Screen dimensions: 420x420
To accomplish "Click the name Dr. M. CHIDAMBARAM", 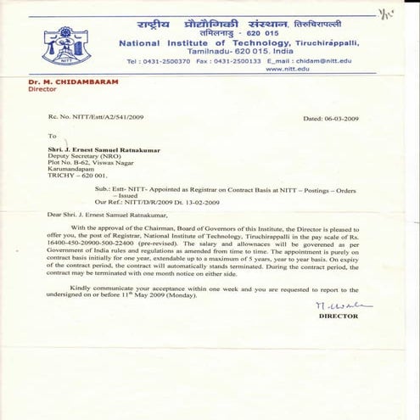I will click(x=74, y=81).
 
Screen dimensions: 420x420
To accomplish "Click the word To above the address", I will click(x=52, y=136).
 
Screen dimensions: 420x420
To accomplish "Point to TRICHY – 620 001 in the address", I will click(x=75, y=180).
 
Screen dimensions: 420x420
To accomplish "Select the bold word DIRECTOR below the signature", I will click(x=338, y=316).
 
